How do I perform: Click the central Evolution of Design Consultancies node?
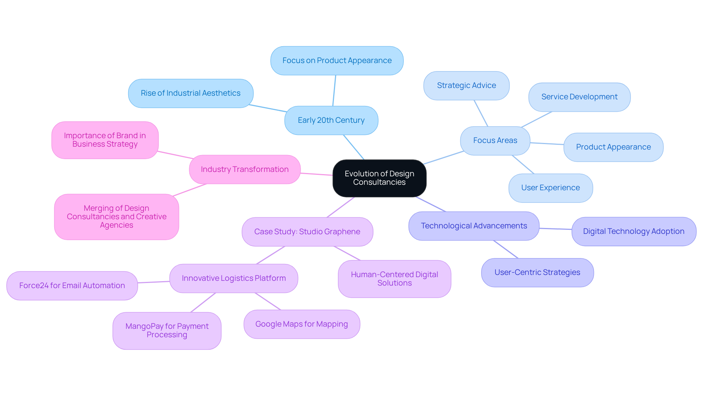[x=379, y=178]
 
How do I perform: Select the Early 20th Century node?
[x=331, y=120]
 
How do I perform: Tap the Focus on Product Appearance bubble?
[x=337, y=60]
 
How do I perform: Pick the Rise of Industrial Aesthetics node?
[x=190, y=93]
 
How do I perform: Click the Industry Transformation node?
[x=245, y=169]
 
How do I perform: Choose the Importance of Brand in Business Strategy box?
[x=105, y=140]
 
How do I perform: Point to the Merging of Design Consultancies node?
[x=116, y=217]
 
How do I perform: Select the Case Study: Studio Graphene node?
[x=307, y=232]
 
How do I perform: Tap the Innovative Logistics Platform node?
[x=234, y=278]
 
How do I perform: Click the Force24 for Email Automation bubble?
[x=72, y=286]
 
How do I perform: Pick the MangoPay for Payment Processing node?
[x=167, y=330]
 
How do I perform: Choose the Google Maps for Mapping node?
[x=302, y=324]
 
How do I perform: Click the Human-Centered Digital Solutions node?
[x=394, y=279]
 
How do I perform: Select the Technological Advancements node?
[x=474, y=226]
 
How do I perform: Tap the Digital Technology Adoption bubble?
[x=633, y=231]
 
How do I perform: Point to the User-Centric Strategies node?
[x=537, y=272]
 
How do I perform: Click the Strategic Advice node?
[x=466, y=85]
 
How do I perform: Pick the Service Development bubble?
[x=579, y=97]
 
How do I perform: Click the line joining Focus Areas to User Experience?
[x=523, y=164]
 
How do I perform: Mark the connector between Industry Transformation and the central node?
[x=317, y=174]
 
